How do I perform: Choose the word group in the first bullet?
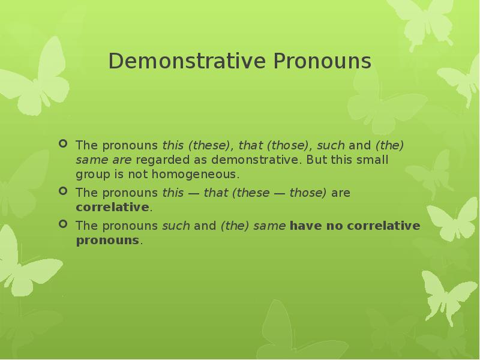91,175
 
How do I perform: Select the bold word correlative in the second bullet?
112,208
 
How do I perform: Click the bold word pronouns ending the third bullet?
107,241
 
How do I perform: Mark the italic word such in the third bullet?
176,226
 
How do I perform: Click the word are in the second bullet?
340,193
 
